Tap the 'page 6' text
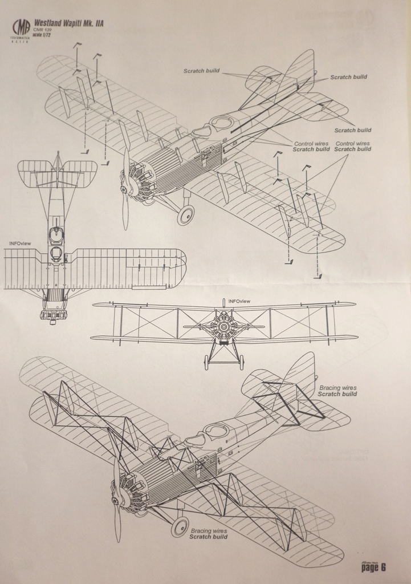point(374,567)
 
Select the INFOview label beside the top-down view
point(20,244)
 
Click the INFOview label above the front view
point(239,301)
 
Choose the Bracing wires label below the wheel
point(208,533)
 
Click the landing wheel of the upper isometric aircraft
point(185,216)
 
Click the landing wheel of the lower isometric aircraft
point(180,527)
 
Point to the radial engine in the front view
point(223,327)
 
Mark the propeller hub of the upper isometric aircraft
point(124,188)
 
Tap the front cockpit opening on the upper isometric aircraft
point(201,132)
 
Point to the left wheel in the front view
point(206,363)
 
